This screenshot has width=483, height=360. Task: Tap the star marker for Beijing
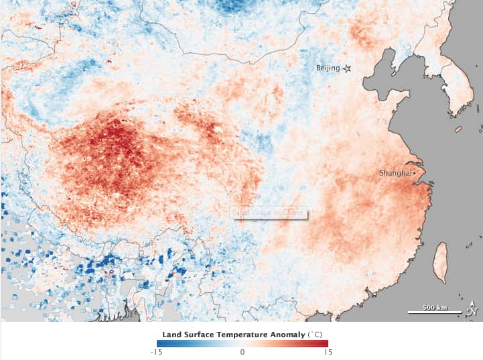pos(347,68)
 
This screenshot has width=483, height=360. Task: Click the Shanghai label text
pos(395,173)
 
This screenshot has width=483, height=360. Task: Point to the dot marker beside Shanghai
pos(415,173)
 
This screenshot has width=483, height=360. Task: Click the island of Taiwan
pos(441,261)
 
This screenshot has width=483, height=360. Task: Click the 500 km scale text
pos(435,307)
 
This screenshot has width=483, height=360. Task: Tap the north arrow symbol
pos(472,308)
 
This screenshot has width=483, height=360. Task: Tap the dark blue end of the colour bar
pos(159,343)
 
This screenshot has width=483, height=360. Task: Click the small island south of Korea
pos(458,129)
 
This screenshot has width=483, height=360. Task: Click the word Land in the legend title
pos(170,333)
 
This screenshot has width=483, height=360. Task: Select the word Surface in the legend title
pos(196,333)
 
